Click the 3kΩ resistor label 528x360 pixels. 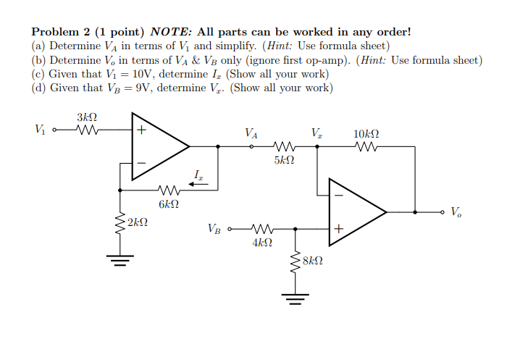coord(87,117)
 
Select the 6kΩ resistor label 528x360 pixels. coord(168,205)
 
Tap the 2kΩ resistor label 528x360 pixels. coord(138,222)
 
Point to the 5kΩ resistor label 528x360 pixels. coord(284,159)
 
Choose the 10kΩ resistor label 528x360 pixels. coord(366,134)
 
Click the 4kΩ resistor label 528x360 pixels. coord(262,243)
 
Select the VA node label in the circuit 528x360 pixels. coord(251,133)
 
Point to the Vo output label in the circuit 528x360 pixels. coord(456,212)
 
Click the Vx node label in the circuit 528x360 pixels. coord(317,133)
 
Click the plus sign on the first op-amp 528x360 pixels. coord(142,131)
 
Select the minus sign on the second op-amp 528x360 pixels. coord(338,194)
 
